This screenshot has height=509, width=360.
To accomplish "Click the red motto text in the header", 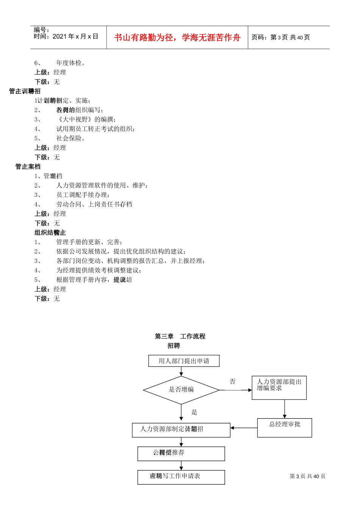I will [x=177, y=37].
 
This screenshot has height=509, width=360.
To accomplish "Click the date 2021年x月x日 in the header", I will [x=75, y=36].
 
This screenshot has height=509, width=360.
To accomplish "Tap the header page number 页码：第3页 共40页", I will [x=280, y=37].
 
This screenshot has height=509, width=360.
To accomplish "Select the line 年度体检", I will [x=70, y=63].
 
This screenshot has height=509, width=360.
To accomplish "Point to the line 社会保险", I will [x=70, y=138].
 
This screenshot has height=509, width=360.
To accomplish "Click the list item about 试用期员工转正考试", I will [x=95, y=129].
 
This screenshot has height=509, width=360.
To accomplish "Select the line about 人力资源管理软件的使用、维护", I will [x=102, y=185].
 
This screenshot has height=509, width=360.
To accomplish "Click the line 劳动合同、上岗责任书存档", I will [x=94, y=204].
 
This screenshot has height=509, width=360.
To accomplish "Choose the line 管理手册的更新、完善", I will [x=89, y=242].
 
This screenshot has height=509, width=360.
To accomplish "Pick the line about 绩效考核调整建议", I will [x=99, y=270].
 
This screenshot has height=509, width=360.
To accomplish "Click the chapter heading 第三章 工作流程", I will [x=180, y=336].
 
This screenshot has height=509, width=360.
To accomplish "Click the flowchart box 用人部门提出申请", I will [x=184, y=361].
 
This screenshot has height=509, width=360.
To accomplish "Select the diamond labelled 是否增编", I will [x=181, y=389].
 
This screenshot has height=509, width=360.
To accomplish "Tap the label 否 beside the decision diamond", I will [x=233, y=381].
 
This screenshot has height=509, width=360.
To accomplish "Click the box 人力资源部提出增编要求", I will [x=279, y=387].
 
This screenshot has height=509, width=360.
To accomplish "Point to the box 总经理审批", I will [x=285, y=428].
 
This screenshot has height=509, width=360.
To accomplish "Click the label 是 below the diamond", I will [x=194, y=412].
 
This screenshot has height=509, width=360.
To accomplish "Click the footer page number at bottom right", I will [x=307, y=476].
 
